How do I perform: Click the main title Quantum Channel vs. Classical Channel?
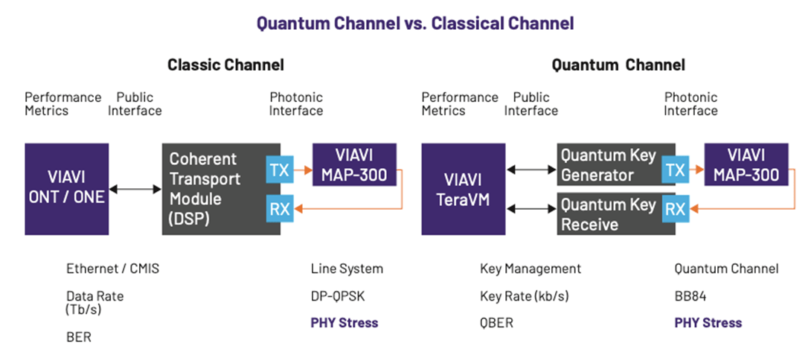(x=414, y=24)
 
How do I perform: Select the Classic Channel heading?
(x=225, y=65)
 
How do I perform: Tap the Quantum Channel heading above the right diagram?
(x=618, y=65)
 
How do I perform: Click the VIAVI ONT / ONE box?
(x=65, y=189)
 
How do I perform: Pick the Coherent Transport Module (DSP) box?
(x=210, y=189)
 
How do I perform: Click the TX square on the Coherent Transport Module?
(x=280, y=170)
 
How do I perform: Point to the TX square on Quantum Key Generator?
(x=675, y=170)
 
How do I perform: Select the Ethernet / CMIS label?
(x=112, y=269)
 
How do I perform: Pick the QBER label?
(x=499, y=323)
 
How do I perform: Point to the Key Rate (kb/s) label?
(x=525, y=296)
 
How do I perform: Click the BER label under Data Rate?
(x=78, y=336)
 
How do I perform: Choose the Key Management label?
(x=530, y=269)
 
